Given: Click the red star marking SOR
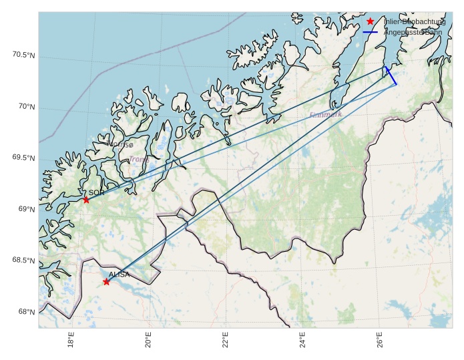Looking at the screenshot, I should pyautogui.click(x=86, y=200).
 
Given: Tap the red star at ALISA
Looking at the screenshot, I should pyautogui.click(x=106, y=282).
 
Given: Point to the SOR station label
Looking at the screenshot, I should pyautogui.click(x=97, y=192).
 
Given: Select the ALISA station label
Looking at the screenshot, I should pyautogui.click(x=119, y=275).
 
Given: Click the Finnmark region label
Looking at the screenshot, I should pyautogui.click(x=326, y=115).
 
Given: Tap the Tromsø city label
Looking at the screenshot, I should pyautogui.click(x=121, y=144).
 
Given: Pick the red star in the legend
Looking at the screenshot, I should pyautogui.click(x=371, y=21).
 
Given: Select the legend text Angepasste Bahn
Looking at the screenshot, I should pyautogui.click(x=413, y=31).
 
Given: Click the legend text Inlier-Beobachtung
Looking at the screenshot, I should pyautogui.click(x=414, y=21).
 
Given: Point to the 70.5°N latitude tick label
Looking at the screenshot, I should pyautogui.click(x=23, y=55).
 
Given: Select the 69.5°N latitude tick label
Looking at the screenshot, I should pyautogui.click(x=23, y=158).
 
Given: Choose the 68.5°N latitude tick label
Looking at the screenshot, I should pyautogui.click(x=23, y=260).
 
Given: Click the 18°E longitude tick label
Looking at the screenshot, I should pyautogui.click(x=71, y=342).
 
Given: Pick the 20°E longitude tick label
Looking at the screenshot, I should pyautogui.click(x=148, y=342).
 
